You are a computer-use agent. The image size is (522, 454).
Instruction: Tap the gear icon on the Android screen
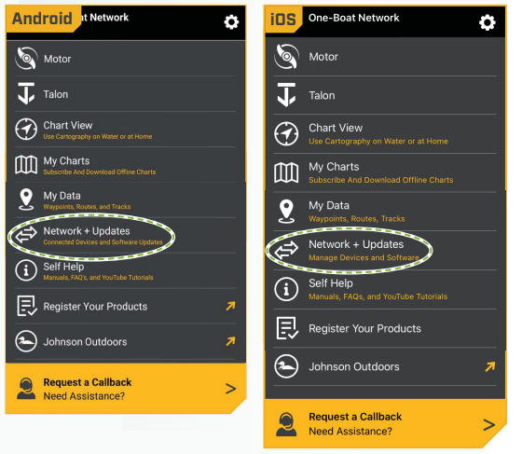231,22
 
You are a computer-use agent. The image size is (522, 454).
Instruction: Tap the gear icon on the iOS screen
487,22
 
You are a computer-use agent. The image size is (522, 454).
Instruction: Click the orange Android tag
43,19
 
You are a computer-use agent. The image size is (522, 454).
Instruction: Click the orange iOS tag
283,20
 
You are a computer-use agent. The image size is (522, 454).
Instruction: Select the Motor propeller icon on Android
26,58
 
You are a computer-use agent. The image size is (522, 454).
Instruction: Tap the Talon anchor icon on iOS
286,95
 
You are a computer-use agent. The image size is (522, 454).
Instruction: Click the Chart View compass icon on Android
26,130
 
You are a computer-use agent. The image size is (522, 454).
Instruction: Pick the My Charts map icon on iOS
286,172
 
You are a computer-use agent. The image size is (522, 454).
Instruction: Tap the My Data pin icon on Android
26,199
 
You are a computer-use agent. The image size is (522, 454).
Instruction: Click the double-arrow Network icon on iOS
286,250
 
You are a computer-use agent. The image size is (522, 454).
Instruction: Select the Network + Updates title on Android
87,231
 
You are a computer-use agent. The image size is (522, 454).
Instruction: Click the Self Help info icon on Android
26,270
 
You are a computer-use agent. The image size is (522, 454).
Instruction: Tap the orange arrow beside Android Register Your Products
231,306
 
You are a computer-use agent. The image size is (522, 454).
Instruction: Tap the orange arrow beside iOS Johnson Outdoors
490,366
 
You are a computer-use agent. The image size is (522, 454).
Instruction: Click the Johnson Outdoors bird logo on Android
26,341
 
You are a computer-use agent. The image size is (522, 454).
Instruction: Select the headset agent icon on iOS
286,424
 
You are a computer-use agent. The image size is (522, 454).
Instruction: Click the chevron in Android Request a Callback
231,389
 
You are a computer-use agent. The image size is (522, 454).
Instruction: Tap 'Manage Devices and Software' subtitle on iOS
364,257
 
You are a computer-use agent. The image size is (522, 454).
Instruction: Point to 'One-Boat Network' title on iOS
353,18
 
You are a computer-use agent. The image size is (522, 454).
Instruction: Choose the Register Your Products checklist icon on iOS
287,328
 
